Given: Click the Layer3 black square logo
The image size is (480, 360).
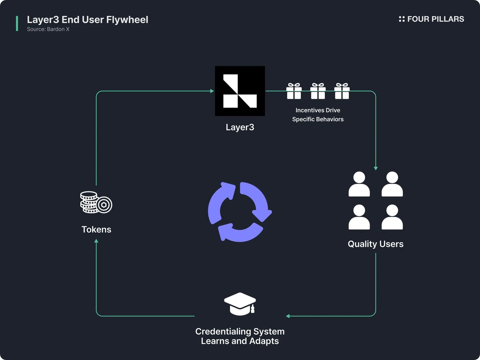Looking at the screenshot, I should pos(240,91).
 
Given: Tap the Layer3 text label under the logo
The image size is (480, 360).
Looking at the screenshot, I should pos(240,128).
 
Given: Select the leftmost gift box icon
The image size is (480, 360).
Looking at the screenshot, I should pos(294,91).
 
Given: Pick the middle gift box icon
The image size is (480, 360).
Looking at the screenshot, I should pos(318,91).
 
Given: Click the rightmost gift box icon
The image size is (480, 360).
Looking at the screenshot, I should pos(342,91).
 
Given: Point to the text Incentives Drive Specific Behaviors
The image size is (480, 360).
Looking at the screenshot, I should pos(318,114).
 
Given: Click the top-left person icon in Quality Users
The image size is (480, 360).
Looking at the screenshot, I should pos(359,184).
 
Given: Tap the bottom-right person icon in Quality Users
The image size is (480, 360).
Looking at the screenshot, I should pos(392,217).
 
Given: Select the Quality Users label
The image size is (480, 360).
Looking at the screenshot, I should pos(376,244).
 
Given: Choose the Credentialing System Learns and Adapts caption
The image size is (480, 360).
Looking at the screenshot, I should pos(240,336).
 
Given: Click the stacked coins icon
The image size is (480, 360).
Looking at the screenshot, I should pos(96,202).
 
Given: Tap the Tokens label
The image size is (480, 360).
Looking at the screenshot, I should pos(96,230).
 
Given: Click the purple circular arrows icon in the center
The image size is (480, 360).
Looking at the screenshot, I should pos(240,212).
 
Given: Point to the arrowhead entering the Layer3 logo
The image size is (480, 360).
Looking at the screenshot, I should pos(212,91).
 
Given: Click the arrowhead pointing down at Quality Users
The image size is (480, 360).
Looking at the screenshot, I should pos(376,168).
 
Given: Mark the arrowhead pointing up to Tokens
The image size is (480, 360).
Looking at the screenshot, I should pos(96,241).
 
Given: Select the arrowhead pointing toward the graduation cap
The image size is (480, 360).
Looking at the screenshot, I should pos(288,316).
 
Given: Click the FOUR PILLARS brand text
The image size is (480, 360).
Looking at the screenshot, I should pos(436,19).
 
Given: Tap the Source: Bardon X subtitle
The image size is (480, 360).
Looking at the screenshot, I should pos(48,29).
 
